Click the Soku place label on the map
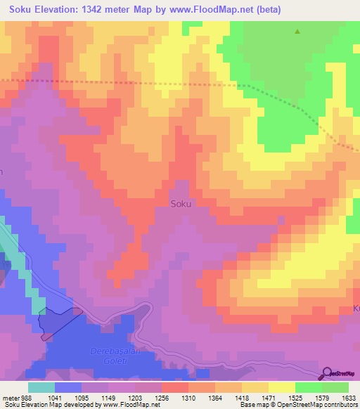181,204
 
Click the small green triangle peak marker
297,32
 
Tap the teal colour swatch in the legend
41,387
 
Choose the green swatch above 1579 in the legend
309,387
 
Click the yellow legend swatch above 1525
281,387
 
